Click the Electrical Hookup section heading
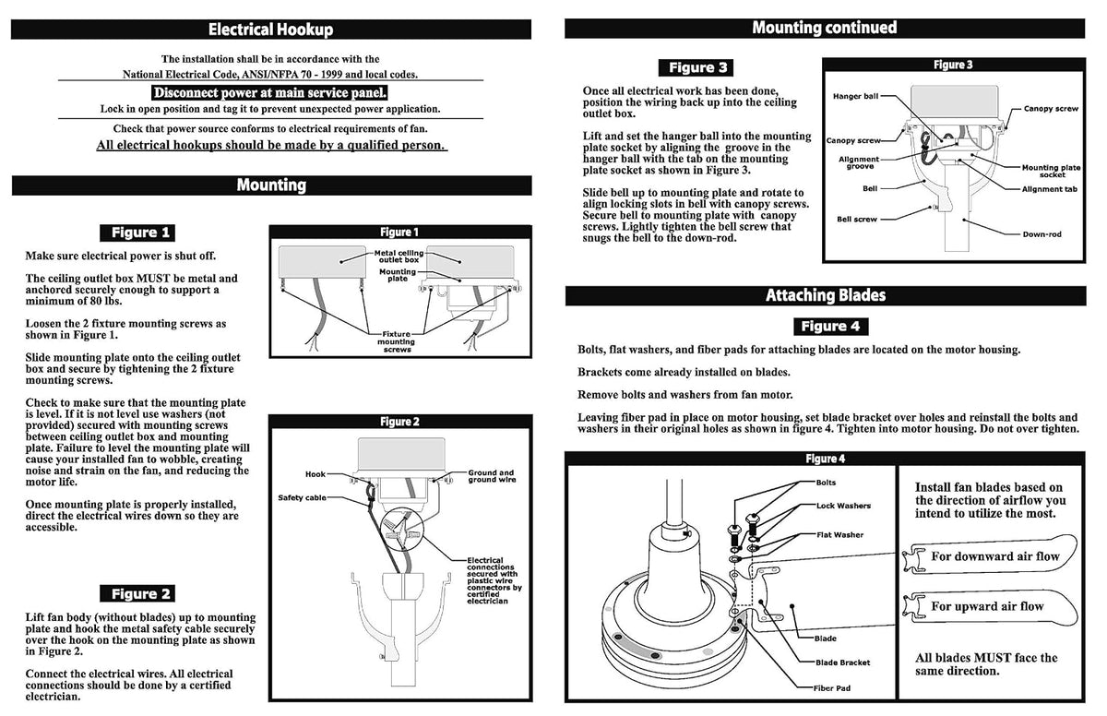tap(271, 30)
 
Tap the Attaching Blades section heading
tap(826, 295)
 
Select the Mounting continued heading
tap(825, 28)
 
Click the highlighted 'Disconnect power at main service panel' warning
tap(269, 93)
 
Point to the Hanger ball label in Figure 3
tap(855, 96)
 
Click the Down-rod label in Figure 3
tap(1042, 234)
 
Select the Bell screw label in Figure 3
tap(856, 219)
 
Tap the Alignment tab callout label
tap(1049, 189)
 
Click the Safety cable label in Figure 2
tap(302, 497)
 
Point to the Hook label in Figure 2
tap(315, 474)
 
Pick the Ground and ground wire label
tap(491, 476)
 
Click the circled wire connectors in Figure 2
tap(402, 529)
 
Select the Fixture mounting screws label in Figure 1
tap(397, 342)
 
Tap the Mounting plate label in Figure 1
tap(398, 275)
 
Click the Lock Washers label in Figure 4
tap(843, 506)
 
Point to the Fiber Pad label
tap(832, 687)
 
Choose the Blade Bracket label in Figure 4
tap(842, 662)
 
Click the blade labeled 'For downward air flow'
tap(990, 555)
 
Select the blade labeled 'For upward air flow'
tap(990, 607)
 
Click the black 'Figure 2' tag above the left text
tap(137, 593)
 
